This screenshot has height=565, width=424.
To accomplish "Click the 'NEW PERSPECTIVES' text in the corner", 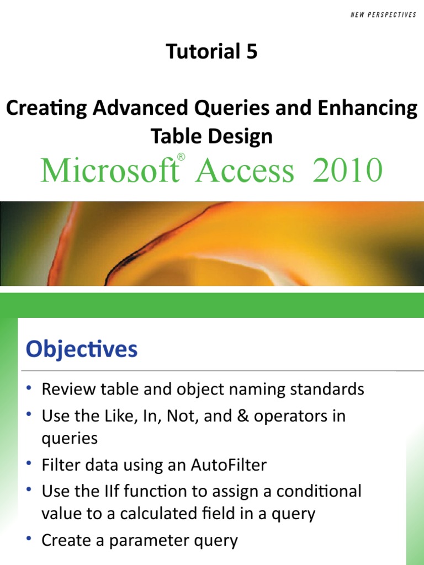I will coord(383,15).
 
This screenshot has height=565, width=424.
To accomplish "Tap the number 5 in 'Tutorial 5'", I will coord(251,52).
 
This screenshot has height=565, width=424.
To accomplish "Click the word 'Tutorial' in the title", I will coord(202,52).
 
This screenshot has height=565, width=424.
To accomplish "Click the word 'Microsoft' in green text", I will coord(108,170).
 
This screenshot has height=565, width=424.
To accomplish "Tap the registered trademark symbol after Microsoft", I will coord(181,158).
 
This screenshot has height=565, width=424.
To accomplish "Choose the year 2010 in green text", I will coord(347,170).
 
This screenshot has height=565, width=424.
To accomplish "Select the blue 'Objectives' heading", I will coord(82,349).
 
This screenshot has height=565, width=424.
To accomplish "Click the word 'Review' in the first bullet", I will coord(69,390).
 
